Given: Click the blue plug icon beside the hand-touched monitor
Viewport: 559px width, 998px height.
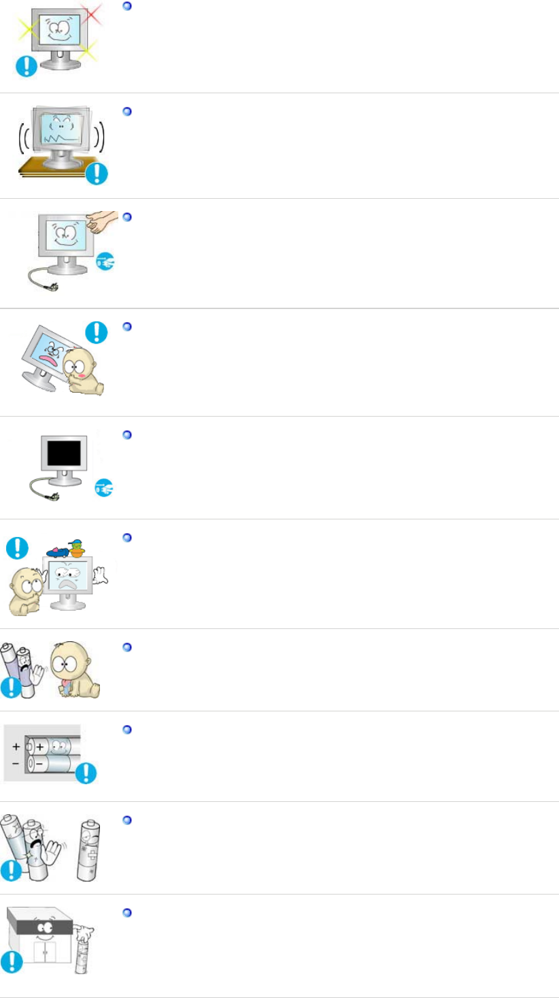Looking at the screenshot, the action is coord(105,261).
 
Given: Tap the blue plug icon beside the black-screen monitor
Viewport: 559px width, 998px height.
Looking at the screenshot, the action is coord(104,489).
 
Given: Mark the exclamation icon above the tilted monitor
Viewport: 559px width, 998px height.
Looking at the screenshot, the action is coord(98,332).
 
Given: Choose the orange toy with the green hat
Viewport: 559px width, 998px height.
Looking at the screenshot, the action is coord(78,548).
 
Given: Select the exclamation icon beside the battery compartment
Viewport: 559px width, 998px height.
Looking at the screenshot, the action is coord(86,773).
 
